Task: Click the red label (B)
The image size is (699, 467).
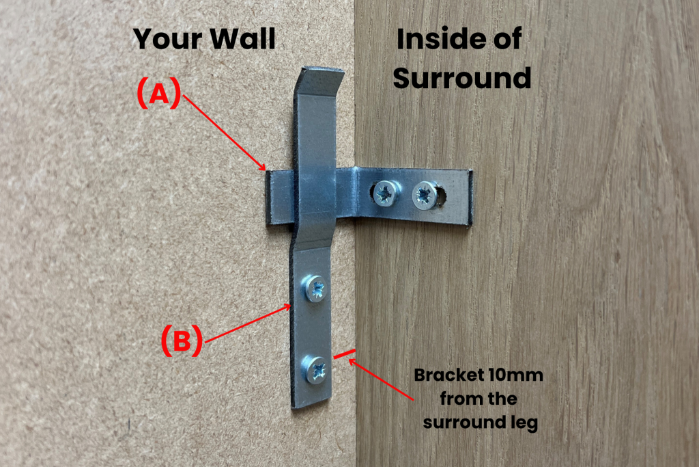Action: point(182,341)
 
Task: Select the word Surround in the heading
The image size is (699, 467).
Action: point(462,79)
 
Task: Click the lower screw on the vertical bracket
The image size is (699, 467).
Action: point(316,370)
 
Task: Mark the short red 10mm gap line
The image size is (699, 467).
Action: point(344,355)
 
